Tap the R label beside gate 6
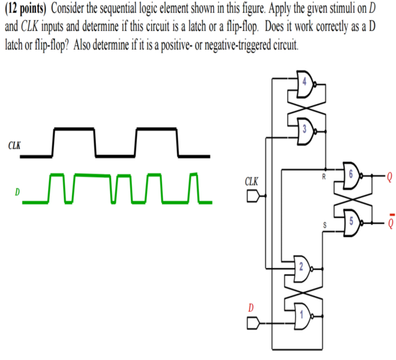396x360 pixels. pos(325,174)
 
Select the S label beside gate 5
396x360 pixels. pos(325,224)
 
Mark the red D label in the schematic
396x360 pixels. pos(251,308)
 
